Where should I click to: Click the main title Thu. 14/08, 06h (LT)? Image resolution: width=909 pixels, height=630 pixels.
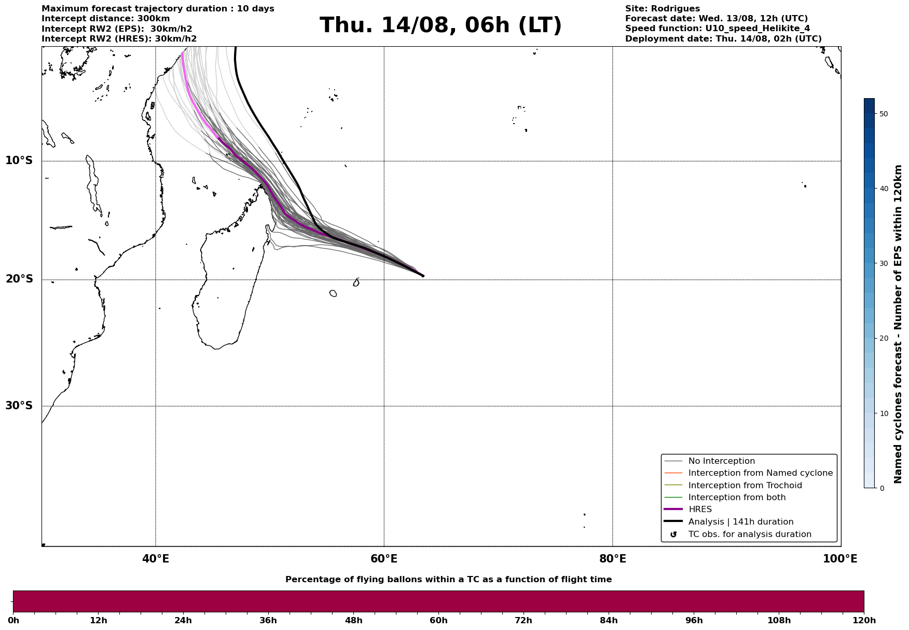click(x=440, y=26)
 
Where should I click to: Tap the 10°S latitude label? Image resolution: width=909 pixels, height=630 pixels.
click(x=19, y=160)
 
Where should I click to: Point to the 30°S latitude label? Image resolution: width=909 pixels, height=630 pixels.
click(x=19, y=406)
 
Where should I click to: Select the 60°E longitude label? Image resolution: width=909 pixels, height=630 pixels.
click(x=384, y=559)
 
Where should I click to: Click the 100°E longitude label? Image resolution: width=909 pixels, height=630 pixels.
click(x=840, y=559)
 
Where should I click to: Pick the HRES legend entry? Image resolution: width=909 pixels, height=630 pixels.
click(x=700, y=510)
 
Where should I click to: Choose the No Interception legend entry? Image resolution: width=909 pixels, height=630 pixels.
click(x=721, y=461)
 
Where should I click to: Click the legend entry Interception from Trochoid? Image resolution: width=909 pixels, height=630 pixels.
click(x=745, y=486)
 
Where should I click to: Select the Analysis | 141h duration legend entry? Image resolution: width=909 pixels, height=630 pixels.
click(x=740, y=522)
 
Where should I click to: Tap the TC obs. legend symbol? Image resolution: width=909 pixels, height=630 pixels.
click(x=673, y=534)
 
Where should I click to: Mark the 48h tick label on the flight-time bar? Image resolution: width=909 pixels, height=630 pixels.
click(x=353, y=621)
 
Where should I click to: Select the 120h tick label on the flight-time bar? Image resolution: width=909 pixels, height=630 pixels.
click(x=863, y=621)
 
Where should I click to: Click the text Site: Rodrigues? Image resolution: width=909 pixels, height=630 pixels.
click(x=662, y=9)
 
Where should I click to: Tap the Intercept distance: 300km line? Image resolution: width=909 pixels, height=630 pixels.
click(x=105, y=19)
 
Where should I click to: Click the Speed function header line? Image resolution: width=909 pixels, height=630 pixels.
click(x=717, y=29)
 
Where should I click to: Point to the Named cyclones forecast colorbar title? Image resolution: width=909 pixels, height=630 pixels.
click(x=899, y=324)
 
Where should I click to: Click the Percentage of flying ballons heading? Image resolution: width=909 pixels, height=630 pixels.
click(x=448, y=580)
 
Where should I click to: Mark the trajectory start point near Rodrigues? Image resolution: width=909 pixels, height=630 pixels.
click(x=423, y=276)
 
